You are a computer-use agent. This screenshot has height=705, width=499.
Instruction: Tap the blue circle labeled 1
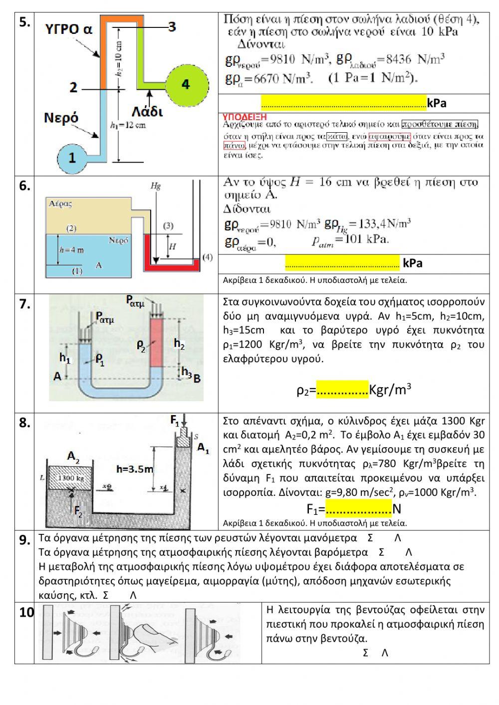tap(72, 158)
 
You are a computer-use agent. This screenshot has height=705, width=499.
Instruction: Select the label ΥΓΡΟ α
tap(69, 29)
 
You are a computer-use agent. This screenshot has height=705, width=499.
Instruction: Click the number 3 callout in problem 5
tap(171, 26)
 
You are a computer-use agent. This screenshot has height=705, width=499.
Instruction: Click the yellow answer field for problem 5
tap(343, 102)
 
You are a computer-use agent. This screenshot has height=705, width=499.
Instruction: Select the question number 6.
tap(24, 186)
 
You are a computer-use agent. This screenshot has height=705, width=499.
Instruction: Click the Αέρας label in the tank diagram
tap(60, 204)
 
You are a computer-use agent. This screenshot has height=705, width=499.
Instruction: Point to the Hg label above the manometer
tap(156, 186)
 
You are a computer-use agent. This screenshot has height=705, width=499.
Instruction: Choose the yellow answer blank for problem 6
tap(342, 262)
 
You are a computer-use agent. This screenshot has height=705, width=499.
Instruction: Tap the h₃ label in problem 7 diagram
tap(186, 371)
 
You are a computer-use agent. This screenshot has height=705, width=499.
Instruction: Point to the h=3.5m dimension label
tap(134, 469)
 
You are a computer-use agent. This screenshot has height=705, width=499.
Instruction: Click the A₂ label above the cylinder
tap(73, 456)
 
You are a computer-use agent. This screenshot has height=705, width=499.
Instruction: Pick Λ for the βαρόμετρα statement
tap(408, 552)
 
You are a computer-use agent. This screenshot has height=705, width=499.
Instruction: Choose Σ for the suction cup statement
tap(365, 653)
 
